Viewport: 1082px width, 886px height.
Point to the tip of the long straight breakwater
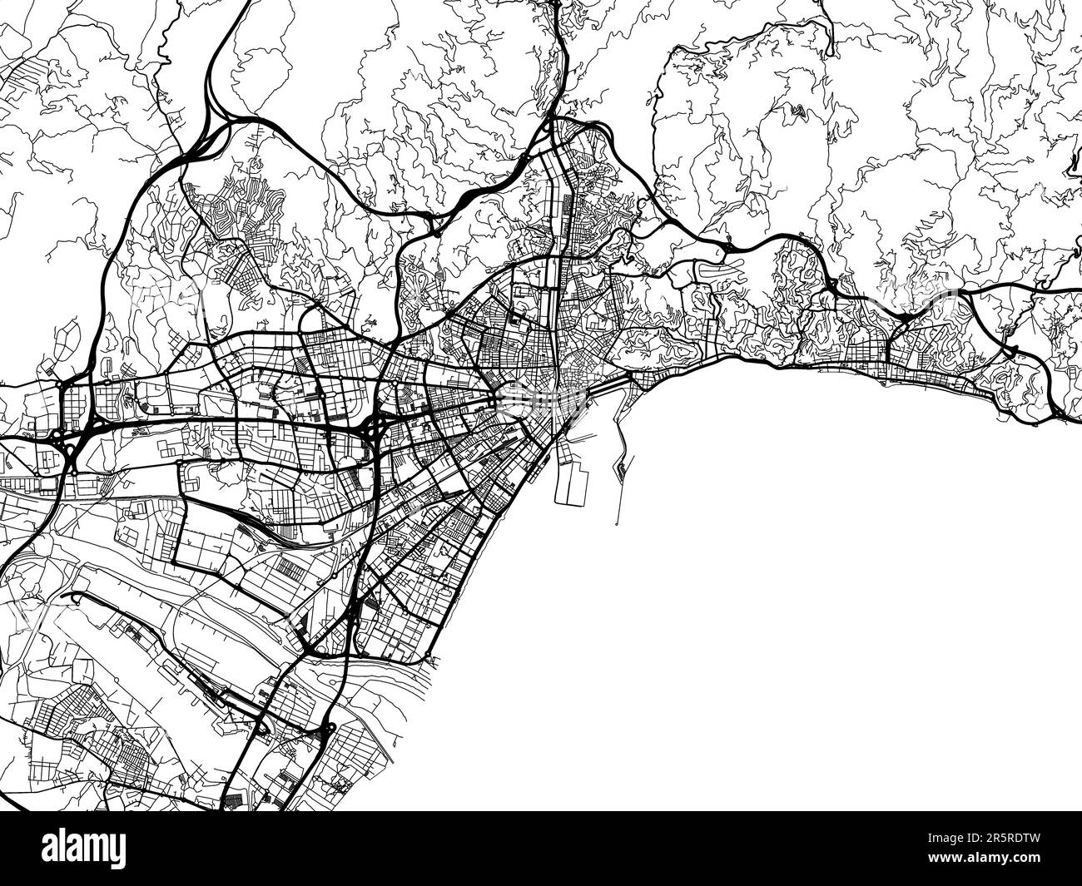617,525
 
